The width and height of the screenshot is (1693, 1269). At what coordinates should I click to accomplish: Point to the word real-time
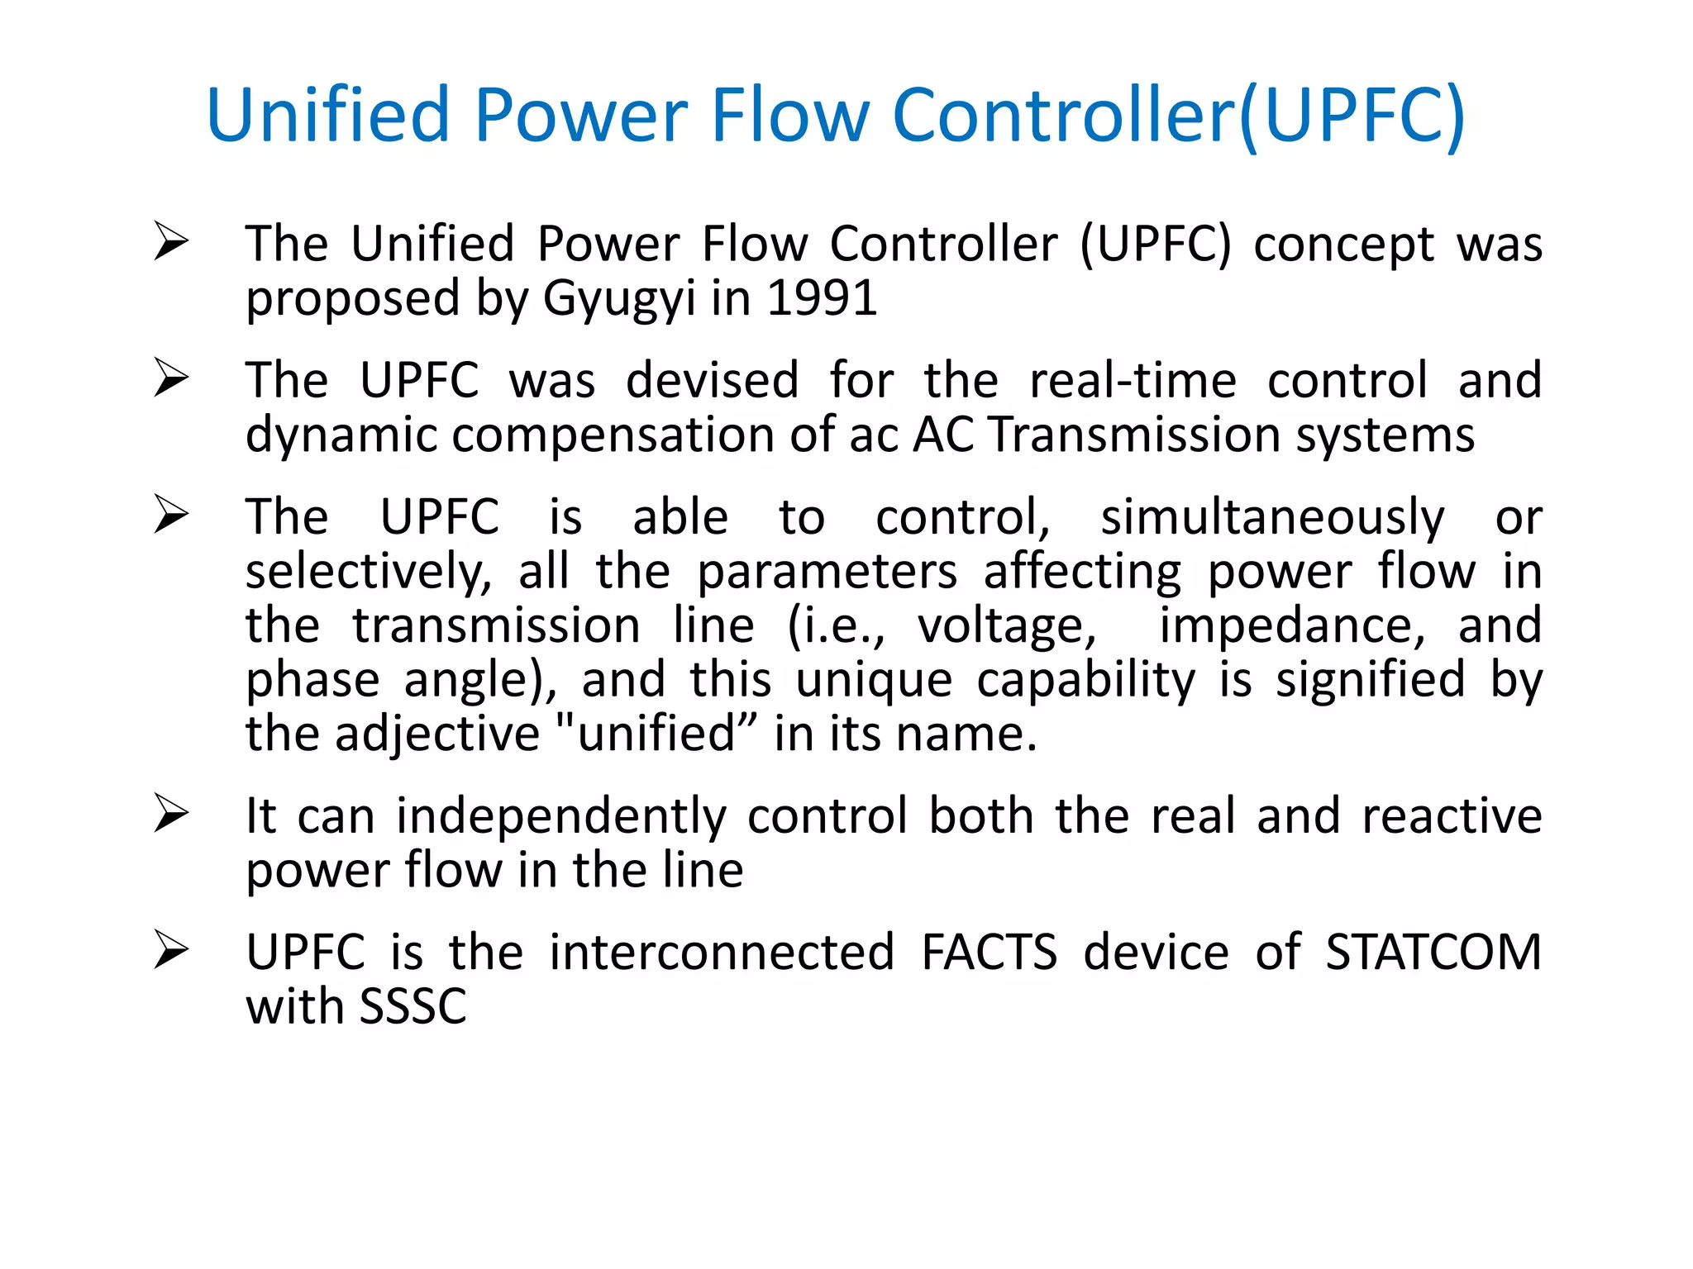(x=1133, y=380)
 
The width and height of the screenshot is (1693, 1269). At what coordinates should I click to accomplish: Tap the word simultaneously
(x=1272, y=518)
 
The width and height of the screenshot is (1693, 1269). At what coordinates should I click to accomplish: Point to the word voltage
(x=1007, y=625)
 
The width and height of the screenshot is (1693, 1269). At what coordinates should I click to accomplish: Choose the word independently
(x=561, y=816)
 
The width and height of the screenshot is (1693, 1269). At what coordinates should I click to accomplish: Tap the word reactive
(x=1452, y=816)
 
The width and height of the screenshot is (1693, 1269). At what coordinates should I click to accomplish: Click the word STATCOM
(x=1433, y=952)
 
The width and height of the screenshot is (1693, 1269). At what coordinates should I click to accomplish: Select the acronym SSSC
(x=413, y=1006)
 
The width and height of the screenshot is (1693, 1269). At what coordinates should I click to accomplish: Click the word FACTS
(x=989, y=952)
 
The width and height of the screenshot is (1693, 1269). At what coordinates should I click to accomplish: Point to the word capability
(x=1085, y=680)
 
